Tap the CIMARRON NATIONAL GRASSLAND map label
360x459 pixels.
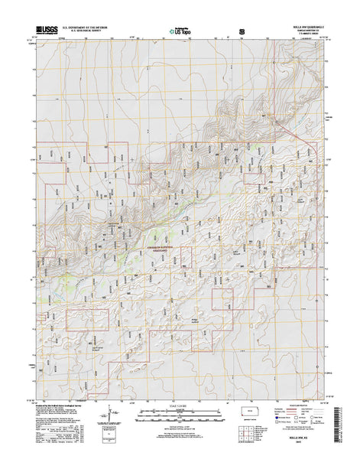[x=142, y=248]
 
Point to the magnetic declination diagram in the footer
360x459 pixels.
[x=104, y=425]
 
